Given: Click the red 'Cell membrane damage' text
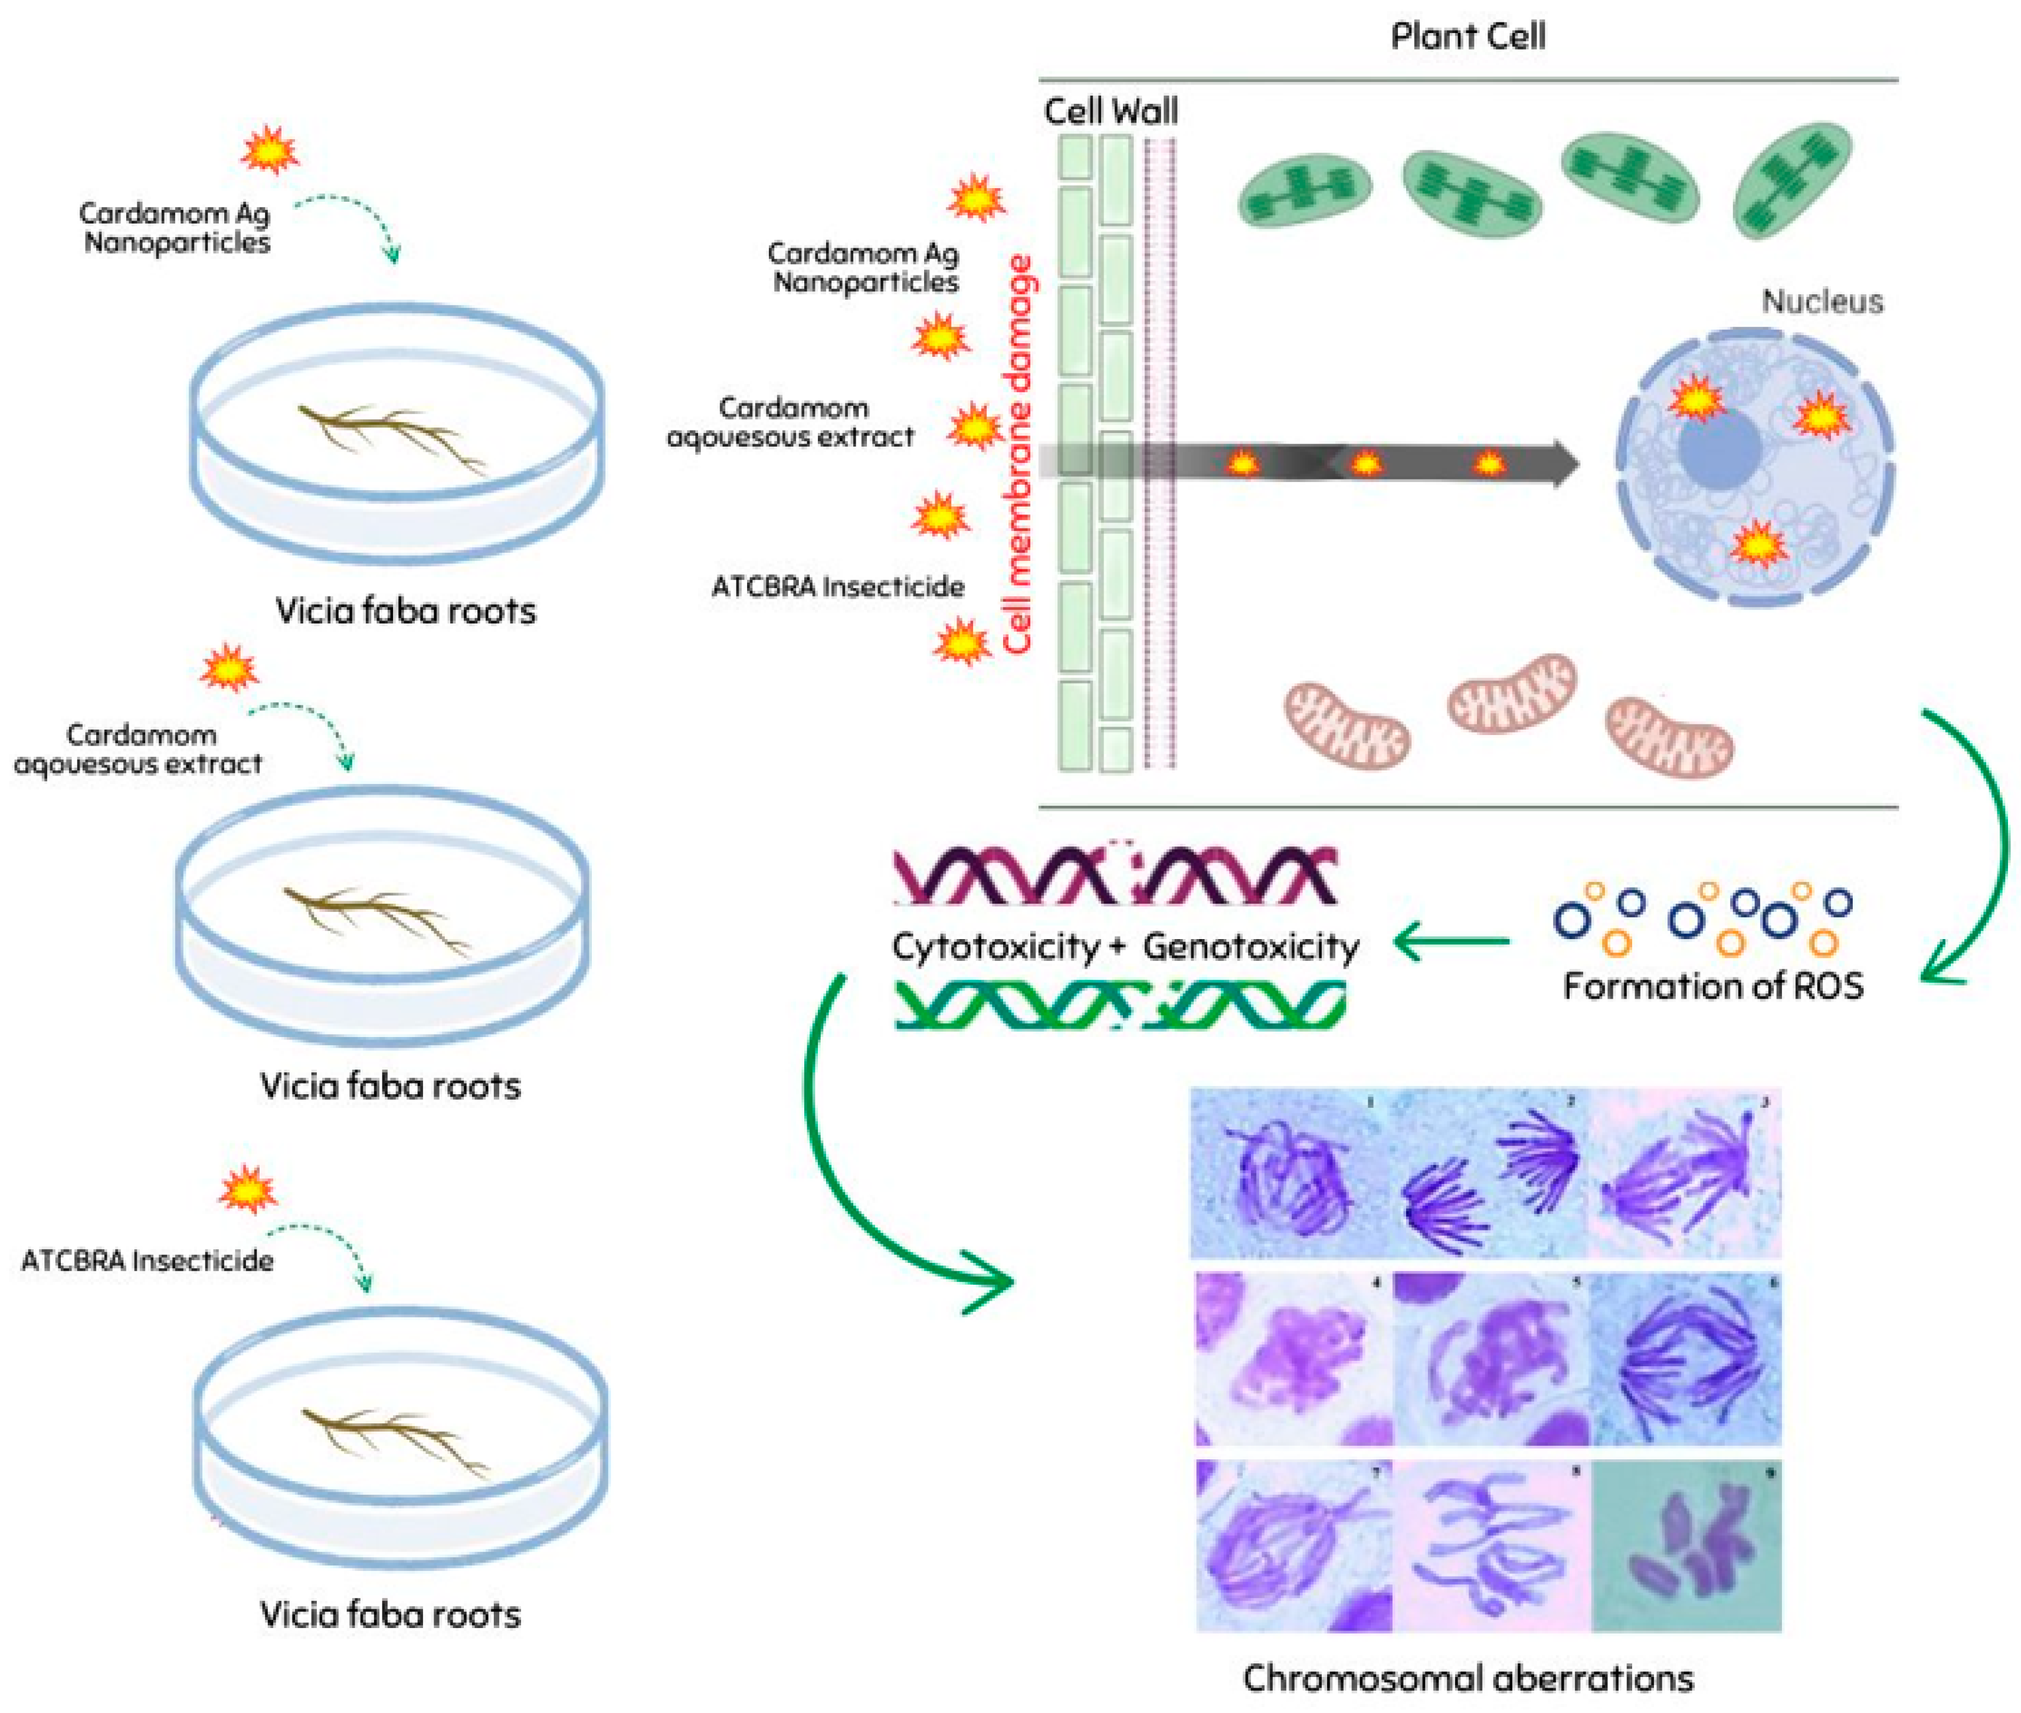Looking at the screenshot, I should [1018, 454].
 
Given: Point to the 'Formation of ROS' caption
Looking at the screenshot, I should [1712, 986].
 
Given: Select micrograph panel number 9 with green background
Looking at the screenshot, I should [1686, 1546].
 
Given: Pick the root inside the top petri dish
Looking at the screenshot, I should [394, 437].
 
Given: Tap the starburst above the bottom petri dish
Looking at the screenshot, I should [248, 1190].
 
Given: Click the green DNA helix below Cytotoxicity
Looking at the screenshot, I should [1119, 1004].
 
